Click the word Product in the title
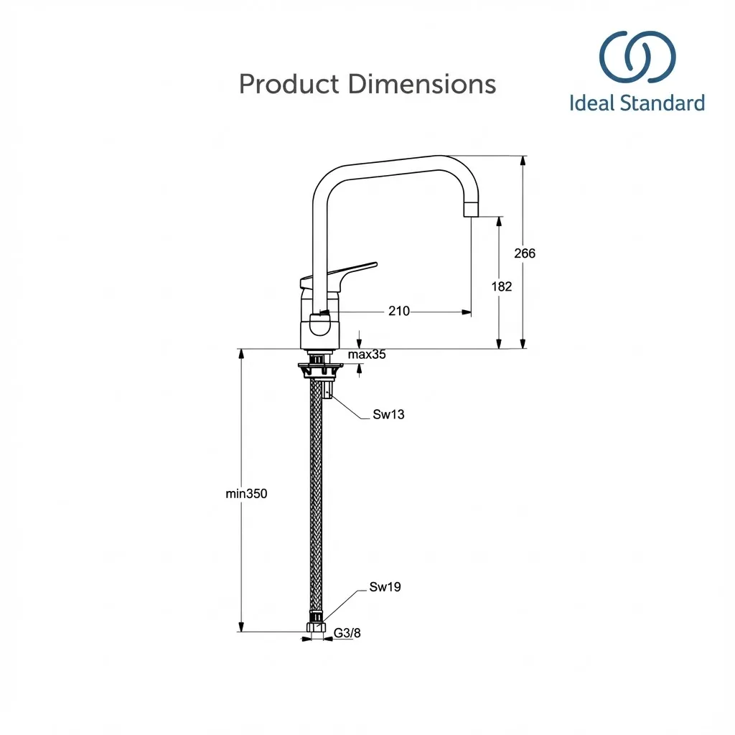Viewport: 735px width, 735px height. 289,85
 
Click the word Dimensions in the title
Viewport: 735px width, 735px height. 422,85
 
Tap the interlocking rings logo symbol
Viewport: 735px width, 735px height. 637,57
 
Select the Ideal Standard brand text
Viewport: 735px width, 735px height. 637,103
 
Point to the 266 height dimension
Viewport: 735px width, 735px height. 525,253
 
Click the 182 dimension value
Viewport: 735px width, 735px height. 502,286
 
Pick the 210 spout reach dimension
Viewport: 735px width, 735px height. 399,311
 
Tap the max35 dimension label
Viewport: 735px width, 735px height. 367,355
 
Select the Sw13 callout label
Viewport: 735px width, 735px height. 388,414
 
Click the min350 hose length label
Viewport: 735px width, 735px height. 246,493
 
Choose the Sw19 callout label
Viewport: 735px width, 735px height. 385,587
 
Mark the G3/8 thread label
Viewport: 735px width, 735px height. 347,632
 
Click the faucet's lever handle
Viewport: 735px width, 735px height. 345,272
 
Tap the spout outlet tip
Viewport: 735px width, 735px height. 471,209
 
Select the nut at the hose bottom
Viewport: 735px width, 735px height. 316,627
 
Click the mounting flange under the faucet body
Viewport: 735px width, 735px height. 321,370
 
